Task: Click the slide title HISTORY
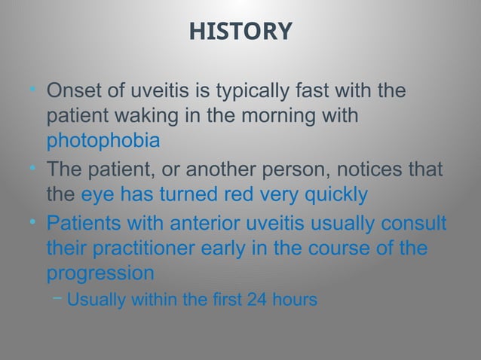[240, 31]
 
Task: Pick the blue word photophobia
[103, 142]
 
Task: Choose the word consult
[414, 224]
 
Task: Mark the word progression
[100, 273]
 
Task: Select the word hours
[295, 299]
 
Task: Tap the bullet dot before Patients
[31, 224]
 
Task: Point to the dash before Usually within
[57, 298]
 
